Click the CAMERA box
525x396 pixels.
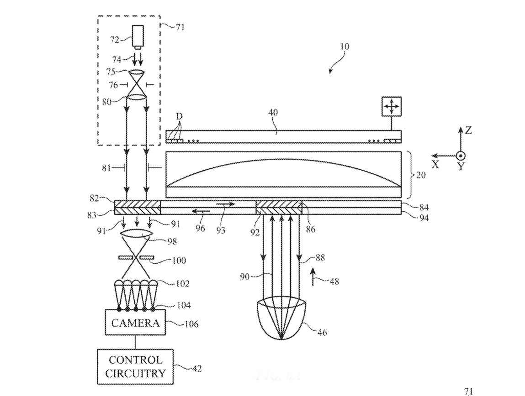(x=136, y=323)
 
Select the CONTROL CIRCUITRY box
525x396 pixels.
(x=136, y=366)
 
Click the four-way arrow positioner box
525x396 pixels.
(x=391, y=107)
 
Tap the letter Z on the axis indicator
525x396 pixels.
(x=468, y=130)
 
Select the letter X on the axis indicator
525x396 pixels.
(x=435, y=164)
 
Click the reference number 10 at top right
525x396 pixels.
(x=344, y=46)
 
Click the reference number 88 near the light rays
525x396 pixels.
(x=322, y=258)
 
